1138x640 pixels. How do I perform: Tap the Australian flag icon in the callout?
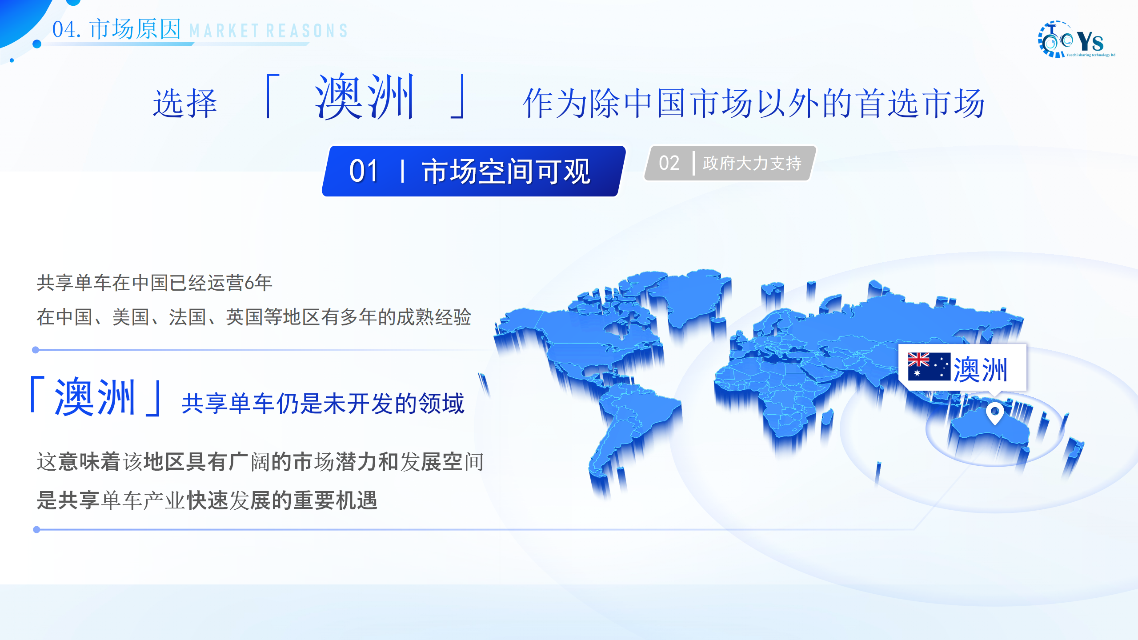929,366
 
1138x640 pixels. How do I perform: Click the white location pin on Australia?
994,413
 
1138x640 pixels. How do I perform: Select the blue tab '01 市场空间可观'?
473,171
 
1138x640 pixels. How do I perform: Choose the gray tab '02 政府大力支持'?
730,163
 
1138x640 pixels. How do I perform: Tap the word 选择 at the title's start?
184,104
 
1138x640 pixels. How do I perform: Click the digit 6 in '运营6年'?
249,283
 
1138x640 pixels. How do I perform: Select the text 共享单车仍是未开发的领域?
323,404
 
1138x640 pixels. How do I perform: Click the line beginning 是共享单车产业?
207,500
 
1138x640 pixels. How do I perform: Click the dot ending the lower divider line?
36,529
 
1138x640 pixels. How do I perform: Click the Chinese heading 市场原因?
135,29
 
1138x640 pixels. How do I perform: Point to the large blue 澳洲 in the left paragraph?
95,397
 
